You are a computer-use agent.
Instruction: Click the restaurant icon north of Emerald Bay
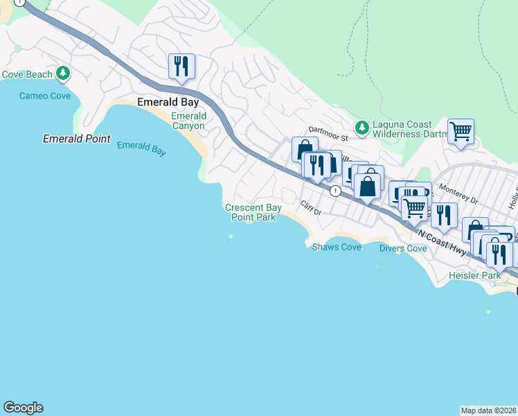click(x=181, y=67)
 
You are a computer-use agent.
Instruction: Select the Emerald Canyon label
click(x=188, y=121)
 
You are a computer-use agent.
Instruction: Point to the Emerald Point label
click(x=76, y=139)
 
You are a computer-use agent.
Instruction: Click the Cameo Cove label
click(x=45, y=96)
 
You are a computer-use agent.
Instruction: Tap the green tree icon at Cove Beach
click(x=63, y=73)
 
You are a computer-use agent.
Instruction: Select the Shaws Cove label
click(x=337, y=247)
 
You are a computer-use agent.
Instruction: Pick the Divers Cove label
click(x=403, y=248)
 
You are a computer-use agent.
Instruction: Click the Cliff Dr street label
click(x=311, y=207)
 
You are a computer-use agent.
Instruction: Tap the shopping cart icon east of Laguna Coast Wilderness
click(x=461, y=130)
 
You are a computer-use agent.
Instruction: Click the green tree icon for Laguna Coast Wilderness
click(x=361, y=128)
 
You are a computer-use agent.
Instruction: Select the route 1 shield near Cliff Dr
click(x=335, y=191)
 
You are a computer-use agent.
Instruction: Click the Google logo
click(x=23, y=408)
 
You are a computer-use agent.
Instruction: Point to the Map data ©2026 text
click(x=488, y=410)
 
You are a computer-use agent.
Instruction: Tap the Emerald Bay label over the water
click(x=141, y=148)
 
